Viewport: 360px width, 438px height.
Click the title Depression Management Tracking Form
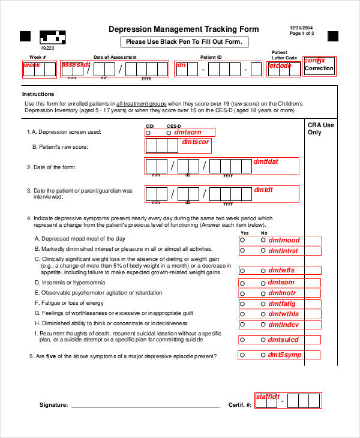(184, 29)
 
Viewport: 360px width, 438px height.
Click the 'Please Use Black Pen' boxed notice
(184, 42)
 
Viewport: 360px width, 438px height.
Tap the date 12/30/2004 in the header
(301, 28)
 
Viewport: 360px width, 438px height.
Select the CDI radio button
(149, 132)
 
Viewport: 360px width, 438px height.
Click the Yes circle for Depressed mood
(243, 240)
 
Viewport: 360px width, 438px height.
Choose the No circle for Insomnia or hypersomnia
(262, 282)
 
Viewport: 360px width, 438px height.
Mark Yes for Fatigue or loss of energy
(243, 304)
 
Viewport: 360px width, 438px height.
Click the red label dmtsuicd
(283, 340)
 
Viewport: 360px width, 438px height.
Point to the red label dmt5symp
(284, 355)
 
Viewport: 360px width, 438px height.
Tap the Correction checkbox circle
(319, 62)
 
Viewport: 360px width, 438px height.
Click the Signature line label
(53, 405)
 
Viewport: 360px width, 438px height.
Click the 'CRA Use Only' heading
(320, 128)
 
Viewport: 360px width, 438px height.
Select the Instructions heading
(38, 94)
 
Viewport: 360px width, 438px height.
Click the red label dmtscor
(196, 142)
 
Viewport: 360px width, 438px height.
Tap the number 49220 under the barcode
(47, 47)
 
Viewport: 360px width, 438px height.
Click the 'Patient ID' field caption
(211, 58)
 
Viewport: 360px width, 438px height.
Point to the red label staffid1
(268, 397)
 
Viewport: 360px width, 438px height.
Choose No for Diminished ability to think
(262, 325)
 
